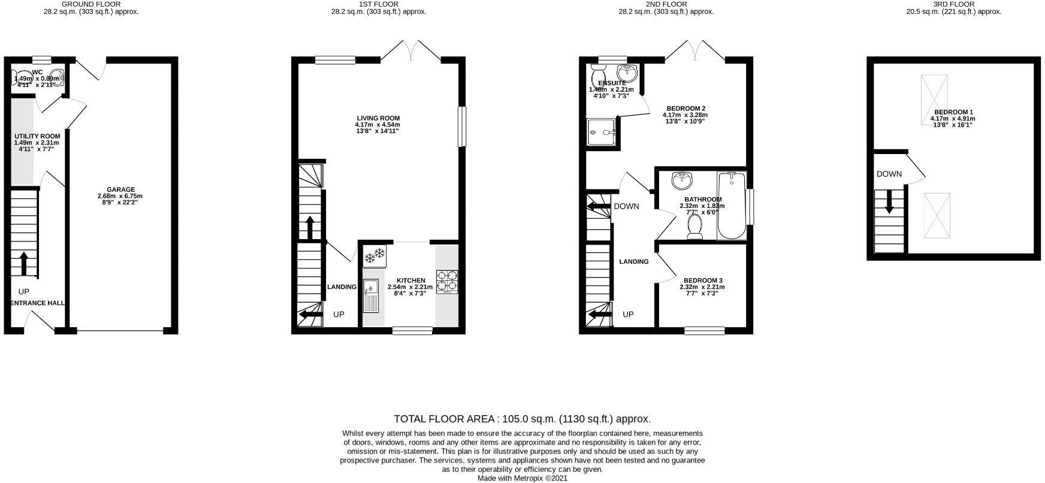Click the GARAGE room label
pos(120,189)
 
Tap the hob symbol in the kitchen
pos(447,282)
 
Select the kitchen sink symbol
pos(371,295)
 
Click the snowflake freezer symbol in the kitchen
pos(374,256)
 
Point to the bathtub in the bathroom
pos(732,206)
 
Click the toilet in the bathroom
pos(695,227)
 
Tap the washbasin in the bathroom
pos(681,180)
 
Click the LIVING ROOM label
pos(378,118)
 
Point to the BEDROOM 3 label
pos(703,280)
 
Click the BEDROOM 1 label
pos(953,112)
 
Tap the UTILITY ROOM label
pos(37,136)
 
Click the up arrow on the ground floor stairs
pos(24,262)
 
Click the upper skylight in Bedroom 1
pos(934,91)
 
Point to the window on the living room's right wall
pos(461,126)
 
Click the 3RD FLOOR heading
pos(953,4)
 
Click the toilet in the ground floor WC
pos(18,79)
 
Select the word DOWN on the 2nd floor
pos(626,206)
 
